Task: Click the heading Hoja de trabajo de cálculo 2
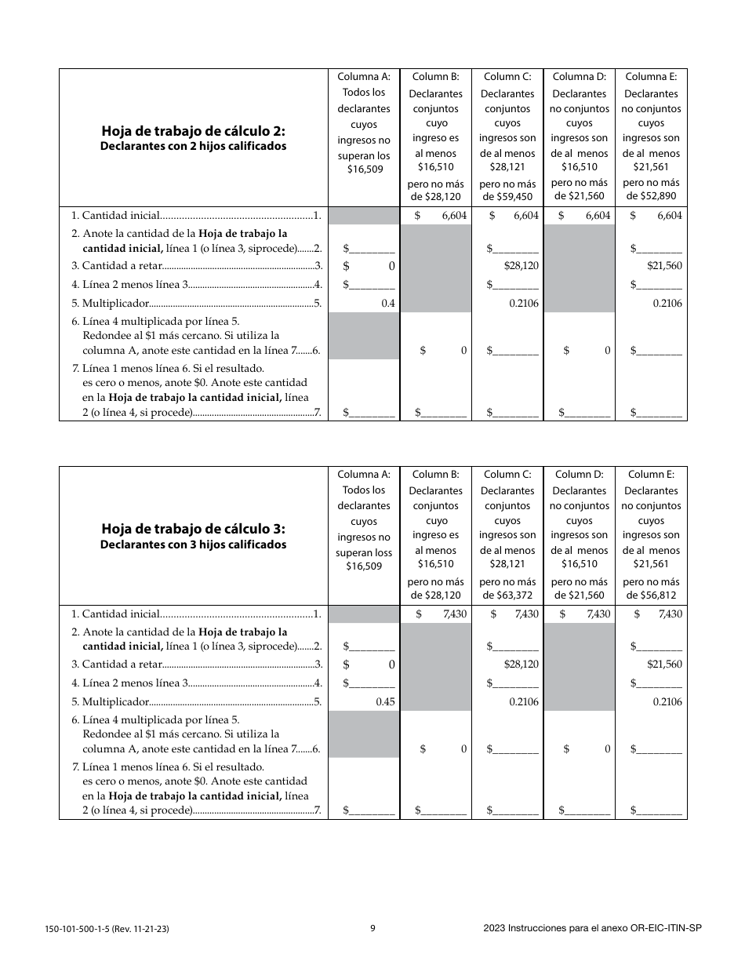193,132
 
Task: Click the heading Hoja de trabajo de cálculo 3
193,529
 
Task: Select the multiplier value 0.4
387,303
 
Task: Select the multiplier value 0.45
385,702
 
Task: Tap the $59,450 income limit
507,197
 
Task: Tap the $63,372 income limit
507,595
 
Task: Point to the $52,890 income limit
651,197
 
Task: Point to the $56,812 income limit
651,595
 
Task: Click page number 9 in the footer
372,928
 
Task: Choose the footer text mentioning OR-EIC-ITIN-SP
592,928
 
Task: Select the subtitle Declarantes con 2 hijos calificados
193,147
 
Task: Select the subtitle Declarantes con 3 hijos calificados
193,544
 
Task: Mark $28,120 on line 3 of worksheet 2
521,266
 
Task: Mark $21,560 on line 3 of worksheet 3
664,665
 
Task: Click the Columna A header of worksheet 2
363,77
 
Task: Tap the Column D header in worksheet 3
579,474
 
